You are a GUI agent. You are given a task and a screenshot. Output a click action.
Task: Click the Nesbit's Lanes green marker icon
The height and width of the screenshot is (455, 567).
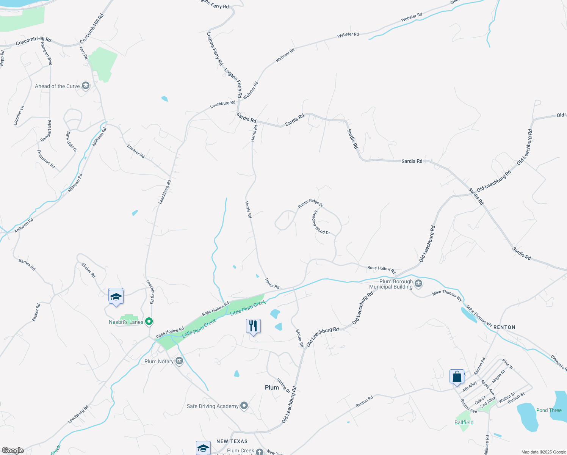coord(149,322)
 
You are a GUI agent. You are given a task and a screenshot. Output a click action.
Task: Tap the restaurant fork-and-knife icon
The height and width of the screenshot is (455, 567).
coord(253,326)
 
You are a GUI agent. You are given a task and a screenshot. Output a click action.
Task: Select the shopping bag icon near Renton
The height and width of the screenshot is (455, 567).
coord(457,377)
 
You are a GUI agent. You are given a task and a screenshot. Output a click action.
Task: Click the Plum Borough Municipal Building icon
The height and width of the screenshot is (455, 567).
coord(418,284)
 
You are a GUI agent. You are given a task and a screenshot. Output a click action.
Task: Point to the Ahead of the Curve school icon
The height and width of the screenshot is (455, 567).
coord(86,86)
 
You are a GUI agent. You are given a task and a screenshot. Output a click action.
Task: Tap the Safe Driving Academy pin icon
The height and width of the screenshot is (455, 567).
coord(244,406)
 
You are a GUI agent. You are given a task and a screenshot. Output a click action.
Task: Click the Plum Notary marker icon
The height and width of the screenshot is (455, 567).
coord(180,361)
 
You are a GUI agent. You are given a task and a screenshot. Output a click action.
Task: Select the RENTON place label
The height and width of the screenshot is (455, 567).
coord(504,327)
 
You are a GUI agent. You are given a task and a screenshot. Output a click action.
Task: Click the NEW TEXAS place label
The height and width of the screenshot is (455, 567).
coord(232,441)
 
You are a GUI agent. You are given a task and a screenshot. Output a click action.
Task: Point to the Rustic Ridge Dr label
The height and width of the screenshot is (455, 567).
coord(310,204)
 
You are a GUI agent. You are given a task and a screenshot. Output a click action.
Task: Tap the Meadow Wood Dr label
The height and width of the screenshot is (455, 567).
coord(321,223)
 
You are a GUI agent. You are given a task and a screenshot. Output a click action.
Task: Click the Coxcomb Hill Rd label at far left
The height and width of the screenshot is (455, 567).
coord(33,41)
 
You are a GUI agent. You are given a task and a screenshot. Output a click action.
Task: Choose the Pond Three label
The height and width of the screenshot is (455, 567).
coord(549,410)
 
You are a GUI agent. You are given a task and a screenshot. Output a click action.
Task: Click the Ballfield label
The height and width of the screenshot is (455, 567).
coord(464,422)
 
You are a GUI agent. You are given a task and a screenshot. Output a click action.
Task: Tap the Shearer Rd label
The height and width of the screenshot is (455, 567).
coord(136,151)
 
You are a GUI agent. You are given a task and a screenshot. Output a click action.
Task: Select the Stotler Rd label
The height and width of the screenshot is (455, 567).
coord(299,338)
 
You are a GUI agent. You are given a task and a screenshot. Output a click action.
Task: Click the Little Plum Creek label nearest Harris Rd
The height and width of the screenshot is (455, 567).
coord(248,308)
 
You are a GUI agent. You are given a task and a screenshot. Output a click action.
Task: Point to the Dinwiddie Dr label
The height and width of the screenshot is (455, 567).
coord(71,142)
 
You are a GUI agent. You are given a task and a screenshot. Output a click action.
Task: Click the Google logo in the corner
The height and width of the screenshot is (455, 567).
coord(13,450)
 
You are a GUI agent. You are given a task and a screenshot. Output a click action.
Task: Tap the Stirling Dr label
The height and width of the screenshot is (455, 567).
coord(283,386)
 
